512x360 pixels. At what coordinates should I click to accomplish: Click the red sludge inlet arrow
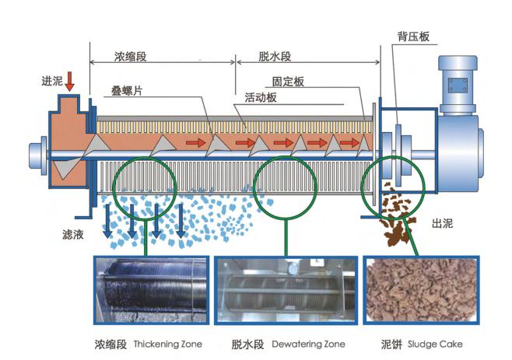(71, 80)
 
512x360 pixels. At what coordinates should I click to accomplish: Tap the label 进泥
(51, 80)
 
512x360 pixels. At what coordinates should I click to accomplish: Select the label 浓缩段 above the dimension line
(129, 57)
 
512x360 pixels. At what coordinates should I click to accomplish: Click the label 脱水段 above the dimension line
(275, 57)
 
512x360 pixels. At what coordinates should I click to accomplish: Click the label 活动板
(261, 98)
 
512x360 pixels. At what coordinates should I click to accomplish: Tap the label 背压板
(411, 37)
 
